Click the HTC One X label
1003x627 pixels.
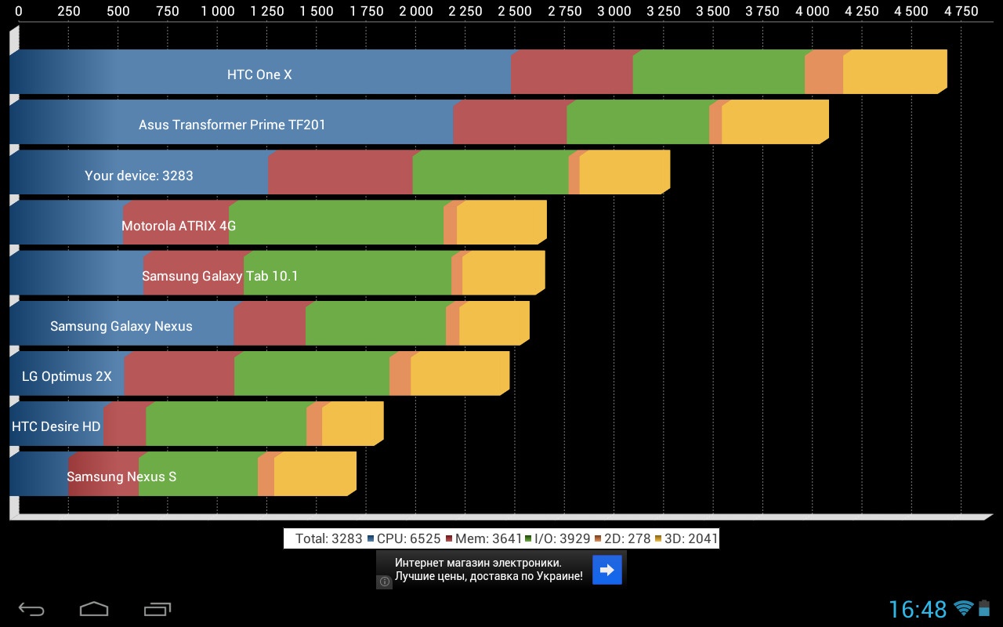[259, 74]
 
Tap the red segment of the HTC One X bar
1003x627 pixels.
[571, 72]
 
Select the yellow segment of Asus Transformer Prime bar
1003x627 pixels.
[773, 122]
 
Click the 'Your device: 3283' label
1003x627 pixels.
[139, 176]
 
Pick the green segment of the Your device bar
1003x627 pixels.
[490, 172]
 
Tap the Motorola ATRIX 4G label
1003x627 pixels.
[179, 226]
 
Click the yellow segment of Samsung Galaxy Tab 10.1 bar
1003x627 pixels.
[502, 273]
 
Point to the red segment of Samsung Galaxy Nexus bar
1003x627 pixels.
[269, 324]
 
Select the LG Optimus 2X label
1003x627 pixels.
[67, 376]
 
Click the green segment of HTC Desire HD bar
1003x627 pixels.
[226, 424]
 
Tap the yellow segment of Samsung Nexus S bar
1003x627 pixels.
[313, 474]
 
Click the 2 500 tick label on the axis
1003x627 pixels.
[515, 11]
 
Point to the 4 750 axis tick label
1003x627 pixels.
[961, 11]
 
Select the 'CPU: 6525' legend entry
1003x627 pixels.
[404, 538]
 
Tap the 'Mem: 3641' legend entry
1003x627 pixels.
[483, 538]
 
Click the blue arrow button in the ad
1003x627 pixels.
[607, 570]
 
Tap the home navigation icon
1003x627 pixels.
[94, 608]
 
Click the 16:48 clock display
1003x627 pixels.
[918, 609]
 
